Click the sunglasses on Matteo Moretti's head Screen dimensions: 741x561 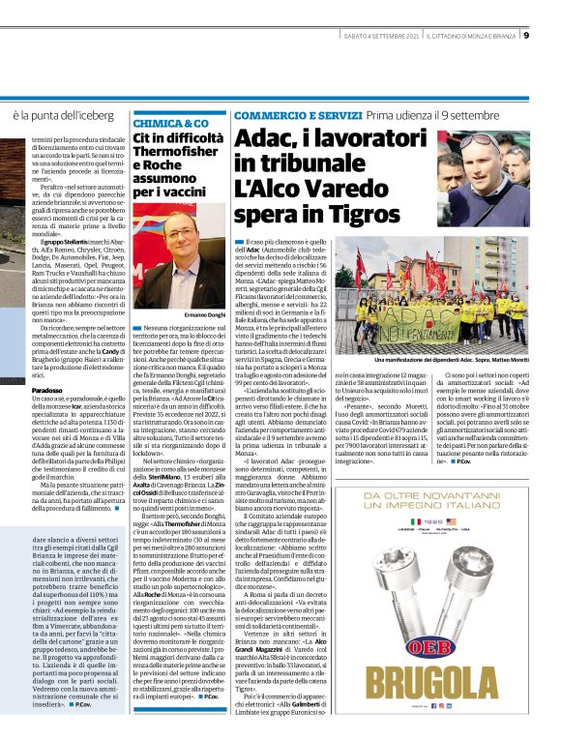point(484,141)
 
